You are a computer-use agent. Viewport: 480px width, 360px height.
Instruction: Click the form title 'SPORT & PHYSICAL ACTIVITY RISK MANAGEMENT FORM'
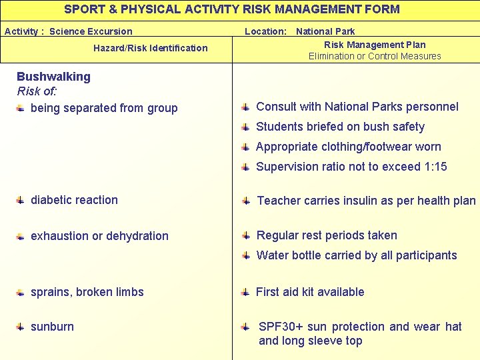(232, 9)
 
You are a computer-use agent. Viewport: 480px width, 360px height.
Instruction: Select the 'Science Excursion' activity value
(91, 31)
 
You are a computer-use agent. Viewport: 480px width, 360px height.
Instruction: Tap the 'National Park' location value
(325, 31)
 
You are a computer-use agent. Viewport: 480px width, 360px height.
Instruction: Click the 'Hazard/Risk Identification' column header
(150, 48)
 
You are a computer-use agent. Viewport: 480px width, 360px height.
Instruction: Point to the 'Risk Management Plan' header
(375, 45)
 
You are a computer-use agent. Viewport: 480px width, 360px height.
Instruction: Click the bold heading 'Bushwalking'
(53, 77)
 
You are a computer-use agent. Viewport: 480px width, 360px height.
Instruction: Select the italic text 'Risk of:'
(37, 91)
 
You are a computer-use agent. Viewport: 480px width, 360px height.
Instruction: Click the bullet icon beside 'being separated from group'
(21, 108)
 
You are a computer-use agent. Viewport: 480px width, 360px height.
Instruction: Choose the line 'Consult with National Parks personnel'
(357, 107)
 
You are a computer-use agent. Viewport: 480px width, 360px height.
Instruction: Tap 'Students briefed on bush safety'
(340, 127)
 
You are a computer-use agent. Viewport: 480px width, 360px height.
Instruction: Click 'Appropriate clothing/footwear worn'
(348, 147)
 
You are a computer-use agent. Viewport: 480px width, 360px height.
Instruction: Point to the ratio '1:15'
(435, 167)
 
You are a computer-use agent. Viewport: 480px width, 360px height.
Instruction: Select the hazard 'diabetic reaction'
(74, 200)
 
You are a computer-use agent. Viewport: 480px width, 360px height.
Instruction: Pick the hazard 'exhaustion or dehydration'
(99, 236)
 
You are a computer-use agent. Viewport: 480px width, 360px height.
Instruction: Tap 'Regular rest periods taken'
(327, 235)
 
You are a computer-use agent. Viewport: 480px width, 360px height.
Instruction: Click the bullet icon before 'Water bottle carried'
(246, 255)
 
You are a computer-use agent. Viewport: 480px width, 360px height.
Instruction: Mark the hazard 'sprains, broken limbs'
(87, 292)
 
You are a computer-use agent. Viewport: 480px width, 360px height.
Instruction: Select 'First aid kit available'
(310, 292)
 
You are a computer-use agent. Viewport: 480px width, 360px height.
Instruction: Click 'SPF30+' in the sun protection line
(281, 327)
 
